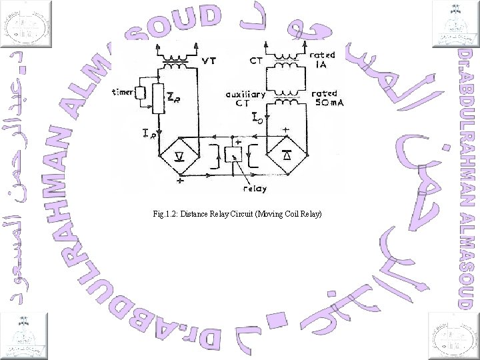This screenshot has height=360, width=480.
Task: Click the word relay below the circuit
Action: [254, 189]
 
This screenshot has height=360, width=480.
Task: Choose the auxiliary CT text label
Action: [244, 99]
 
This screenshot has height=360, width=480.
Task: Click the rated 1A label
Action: [325, 61]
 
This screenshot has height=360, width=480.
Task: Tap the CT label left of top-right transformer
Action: [257, 61]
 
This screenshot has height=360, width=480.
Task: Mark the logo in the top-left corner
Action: [26, 24]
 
